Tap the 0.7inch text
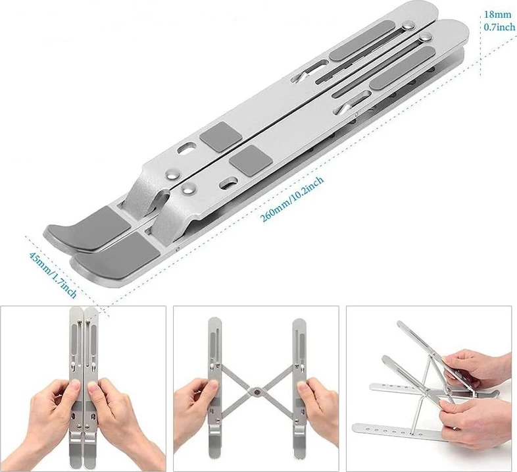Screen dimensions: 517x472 point(499,27)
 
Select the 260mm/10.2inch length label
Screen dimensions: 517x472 point(292,199)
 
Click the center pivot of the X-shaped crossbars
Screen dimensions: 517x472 point(256,391)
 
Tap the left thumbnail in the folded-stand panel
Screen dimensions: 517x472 point(76,383)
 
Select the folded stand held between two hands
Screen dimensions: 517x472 point(84,386)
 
